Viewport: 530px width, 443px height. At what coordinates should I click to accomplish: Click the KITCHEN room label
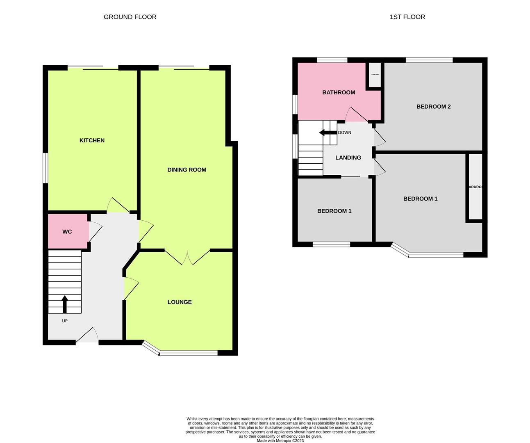tap(92, 140)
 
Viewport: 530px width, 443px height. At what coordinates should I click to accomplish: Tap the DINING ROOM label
tap(187, 170)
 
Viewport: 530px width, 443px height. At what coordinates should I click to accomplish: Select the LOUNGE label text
tap(180, 302)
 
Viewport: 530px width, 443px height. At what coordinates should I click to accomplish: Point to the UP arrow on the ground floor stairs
tap(64, 304)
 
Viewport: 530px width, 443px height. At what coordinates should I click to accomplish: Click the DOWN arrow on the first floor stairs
tap(327, 132)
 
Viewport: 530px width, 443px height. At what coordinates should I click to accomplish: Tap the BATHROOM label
tap(339, 92)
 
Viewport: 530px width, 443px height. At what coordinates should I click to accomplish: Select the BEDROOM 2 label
tap(433, 107)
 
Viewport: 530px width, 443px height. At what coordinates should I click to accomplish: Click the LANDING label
tap(348, 158)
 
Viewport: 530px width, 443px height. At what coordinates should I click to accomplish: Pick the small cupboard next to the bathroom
tap(375, 75)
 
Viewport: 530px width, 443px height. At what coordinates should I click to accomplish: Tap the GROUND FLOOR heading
tap(130, 17)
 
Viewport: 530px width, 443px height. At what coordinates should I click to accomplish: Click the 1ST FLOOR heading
tap(407, 17)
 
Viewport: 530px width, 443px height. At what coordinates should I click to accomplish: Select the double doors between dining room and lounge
tap(187, 257)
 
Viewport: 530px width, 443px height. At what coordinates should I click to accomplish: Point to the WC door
tap(94, 231)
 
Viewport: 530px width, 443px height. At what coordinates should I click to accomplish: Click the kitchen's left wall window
tap(46, 168)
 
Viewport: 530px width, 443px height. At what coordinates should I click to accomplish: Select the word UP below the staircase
tap(65, 321)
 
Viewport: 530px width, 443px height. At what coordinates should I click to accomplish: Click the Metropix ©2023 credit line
tap(280, 441)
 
